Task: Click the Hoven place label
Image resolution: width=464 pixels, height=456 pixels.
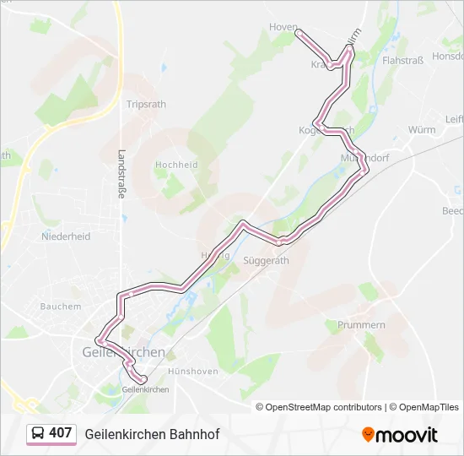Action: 283,27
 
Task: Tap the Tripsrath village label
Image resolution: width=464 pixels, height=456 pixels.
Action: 146,104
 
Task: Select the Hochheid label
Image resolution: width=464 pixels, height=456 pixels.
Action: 176,166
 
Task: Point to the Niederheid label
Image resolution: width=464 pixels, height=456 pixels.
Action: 66,237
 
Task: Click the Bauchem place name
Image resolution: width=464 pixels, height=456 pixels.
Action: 60,307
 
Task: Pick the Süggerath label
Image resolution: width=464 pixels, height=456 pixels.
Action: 266,261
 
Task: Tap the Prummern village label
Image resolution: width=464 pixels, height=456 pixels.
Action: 361,324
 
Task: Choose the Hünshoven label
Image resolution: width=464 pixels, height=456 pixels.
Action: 193,372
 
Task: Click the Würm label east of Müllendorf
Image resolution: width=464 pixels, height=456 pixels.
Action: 421,130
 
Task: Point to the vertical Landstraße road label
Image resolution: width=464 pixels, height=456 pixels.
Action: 121,174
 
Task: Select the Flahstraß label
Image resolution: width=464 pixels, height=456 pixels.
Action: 402,61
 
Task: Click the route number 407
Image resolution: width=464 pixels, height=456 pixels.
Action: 60,433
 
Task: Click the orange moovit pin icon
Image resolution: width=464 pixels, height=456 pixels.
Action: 368,435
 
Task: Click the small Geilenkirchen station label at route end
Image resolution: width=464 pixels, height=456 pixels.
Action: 145,389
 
